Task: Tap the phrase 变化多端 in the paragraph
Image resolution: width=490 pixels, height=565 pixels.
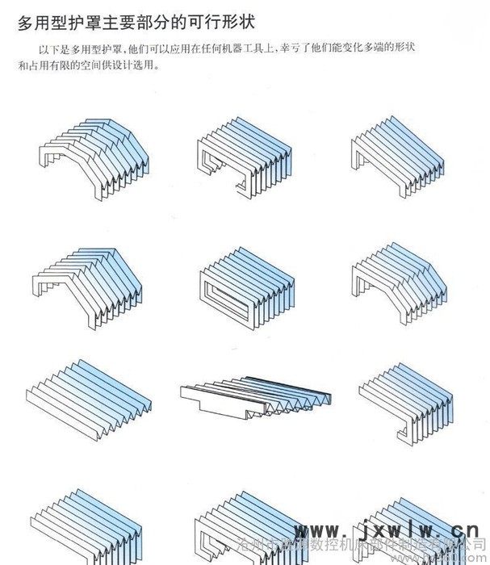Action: [x=363, y=50]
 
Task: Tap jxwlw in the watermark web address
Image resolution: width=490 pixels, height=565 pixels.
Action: [x=387, y=530]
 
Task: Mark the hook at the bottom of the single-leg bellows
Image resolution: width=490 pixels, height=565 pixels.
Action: [x=408, y=437]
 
